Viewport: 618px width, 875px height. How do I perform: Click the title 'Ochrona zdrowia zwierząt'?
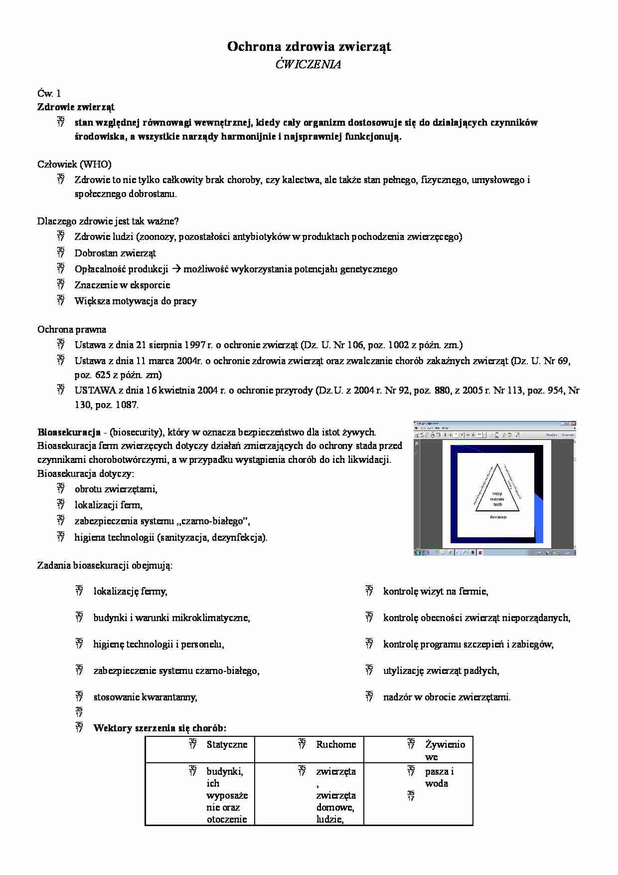click(x=309, y=47)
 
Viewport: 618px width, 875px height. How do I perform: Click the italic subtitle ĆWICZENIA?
click(x=309, y=64)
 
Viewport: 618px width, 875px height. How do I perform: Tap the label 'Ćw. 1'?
click(x=49, y=93)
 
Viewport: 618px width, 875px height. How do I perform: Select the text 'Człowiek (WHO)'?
click(x=74, y=164)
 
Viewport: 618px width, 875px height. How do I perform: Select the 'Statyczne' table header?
click(x=227, y=744)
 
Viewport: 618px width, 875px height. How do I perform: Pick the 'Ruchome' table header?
click(x=336, y=744)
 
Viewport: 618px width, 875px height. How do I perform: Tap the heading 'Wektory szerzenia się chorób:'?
click(x=159, y=728)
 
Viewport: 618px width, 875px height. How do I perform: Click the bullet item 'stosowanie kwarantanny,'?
click(x=145, y=697)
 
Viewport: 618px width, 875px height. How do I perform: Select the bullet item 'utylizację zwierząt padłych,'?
click(x=441, y=670)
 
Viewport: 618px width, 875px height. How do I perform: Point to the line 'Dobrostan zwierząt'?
click(x=115, y=253)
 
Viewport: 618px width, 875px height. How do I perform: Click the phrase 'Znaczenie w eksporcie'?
click(x=122, y=285)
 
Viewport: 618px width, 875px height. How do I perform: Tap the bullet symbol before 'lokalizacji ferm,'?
click(x=61, y=504)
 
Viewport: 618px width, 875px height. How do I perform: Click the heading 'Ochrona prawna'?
click(x=72, y=329)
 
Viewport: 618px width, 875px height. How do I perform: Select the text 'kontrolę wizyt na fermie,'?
click(x=436, y=591)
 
